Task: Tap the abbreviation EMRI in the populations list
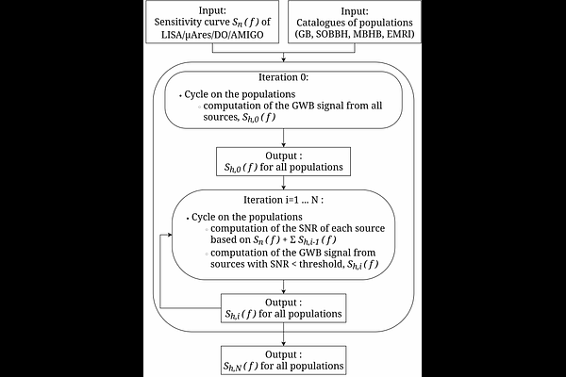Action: (x=401, y=35)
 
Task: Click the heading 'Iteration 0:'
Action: (x=283, y=77)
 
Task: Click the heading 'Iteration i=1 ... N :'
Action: (x=283, y=200)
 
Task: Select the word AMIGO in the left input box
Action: (x=249, y=35)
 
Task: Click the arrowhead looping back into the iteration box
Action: (x=170, y=235)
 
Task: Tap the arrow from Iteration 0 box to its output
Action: (x=283, y=138)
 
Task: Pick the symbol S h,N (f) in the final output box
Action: (x=241, y=367)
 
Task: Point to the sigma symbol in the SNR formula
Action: (x=293, y=240)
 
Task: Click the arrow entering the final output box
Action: (x=283, y=335)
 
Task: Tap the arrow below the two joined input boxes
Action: (x=283, y=57)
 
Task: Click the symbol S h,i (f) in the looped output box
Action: (x=241, y=314)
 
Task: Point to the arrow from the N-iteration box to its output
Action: (x=283, y=287)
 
